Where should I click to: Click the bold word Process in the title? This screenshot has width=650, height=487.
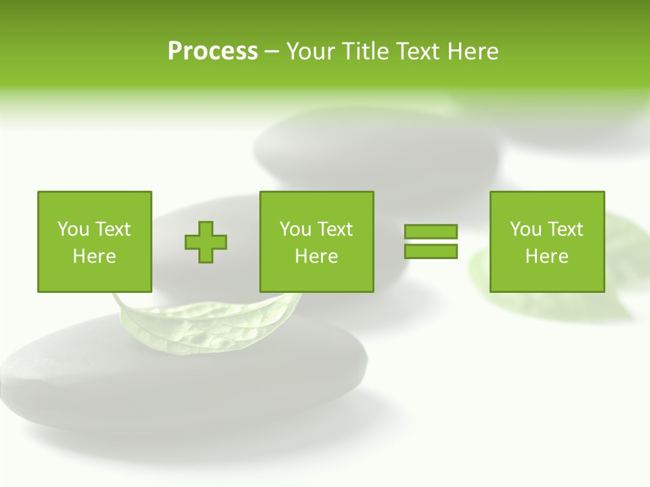(213, 51)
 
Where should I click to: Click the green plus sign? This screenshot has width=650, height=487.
(206, 241)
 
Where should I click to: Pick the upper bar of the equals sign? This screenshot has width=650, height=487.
(431, 231)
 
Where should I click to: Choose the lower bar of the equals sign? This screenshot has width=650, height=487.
(431, 251)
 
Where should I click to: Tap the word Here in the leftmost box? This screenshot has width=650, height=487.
(94, 256)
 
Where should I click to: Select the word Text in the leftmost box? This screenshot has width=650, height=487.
(112, 229)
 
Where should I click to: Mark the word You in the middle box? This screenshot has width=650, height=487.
(295, 229)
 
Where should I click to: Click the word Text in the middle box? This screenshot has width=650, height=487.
(334, 229)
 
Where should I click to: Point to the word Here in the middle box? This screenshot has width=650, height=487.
(316, 256)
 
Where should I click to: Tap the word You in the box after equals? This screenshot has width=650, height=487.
(525, 229)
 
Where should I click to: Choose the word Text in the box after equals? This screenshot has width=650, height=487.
(564, 229)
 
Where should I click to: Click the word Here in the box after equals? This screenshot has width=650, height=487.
(546, 256)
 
